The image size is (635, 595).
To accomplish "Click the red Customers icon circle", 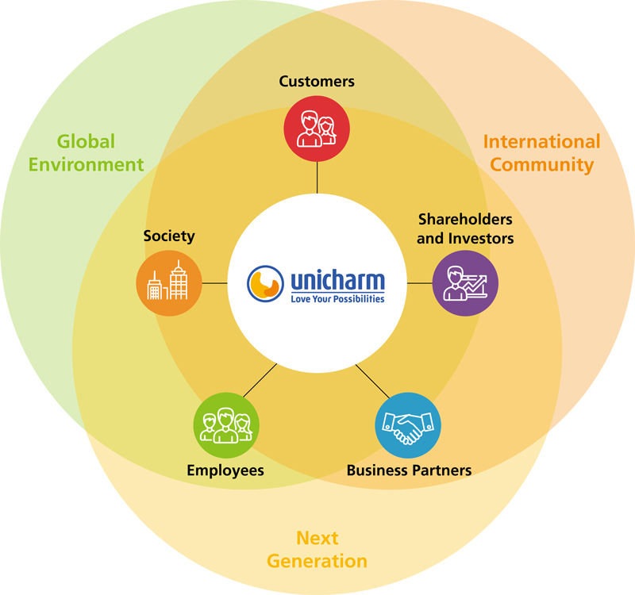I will click(x=317, y=128).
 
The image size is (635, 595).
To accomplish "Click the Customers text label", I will click(x=317, y=81).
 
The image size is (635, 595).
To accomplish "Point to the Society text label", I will click(x=169, y=236).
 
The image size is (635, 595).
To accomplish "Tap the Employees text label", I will click(x=225, y=470).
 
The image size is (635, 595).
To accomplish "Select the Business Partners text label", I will click(x=409, y=470).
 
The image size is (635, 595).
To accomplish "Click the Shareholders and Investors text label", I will click(x=465, y=228).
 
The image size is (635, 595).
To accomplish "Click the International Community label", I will click(x=541, y=153).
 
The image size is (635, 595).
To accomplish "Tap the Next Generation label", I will click(x=317, y=550).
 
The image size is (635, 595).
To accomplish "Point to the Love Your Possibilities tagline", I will click(x=337, y=299).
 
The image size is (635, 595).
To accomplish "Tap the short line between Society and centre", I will click(x=214, y=283).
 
